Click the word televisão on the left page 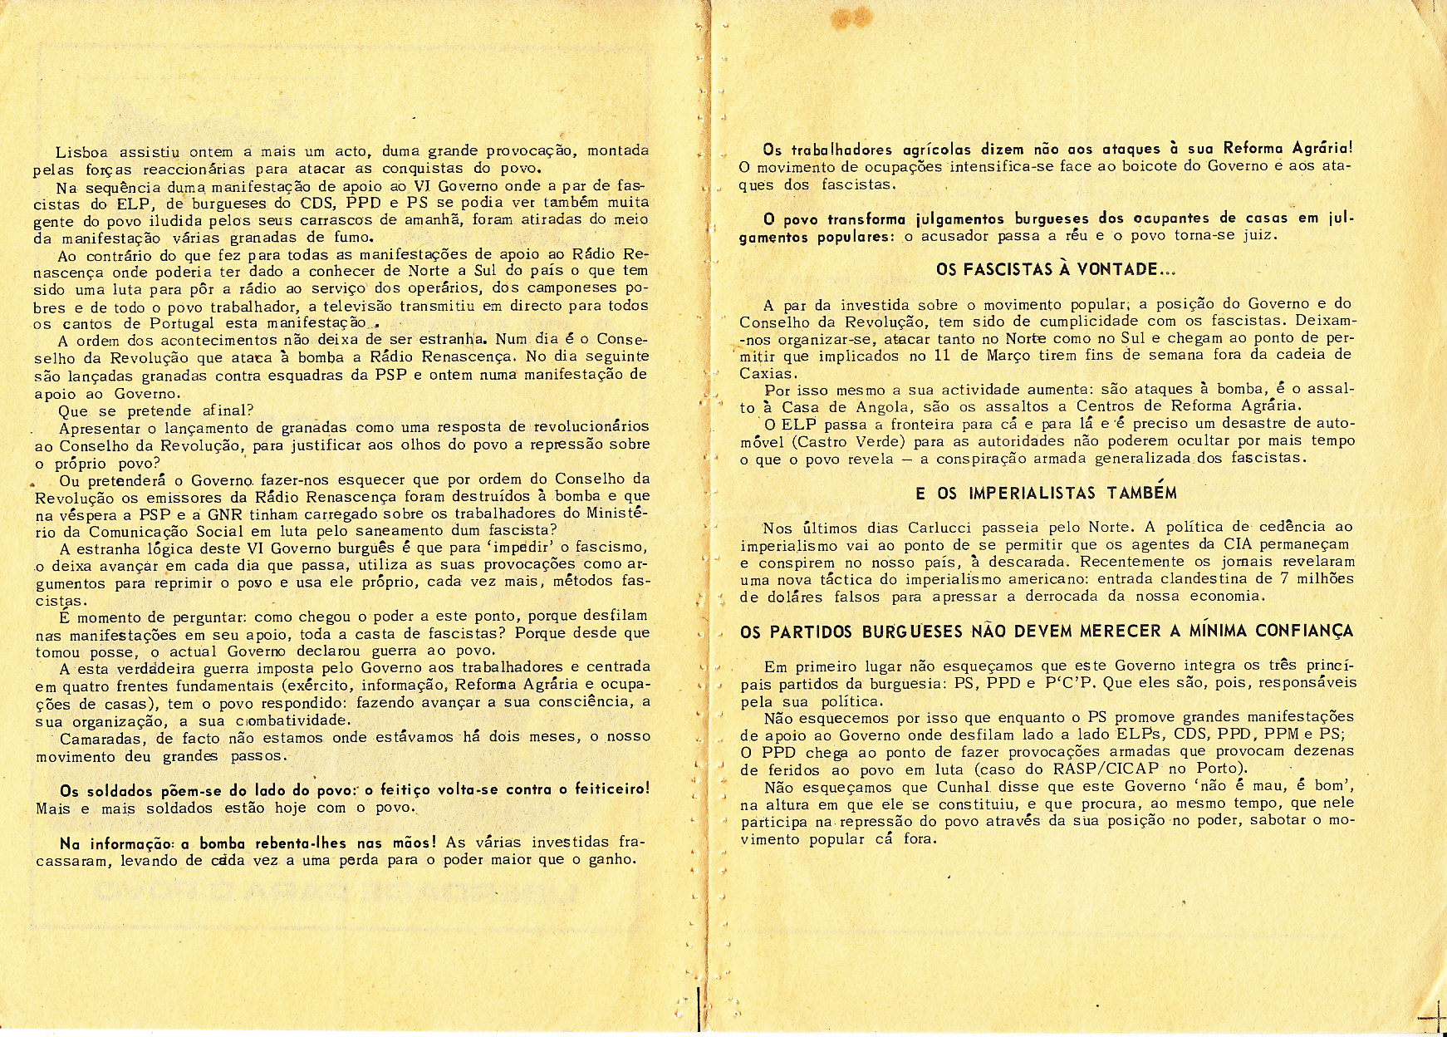coord(341,306)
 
